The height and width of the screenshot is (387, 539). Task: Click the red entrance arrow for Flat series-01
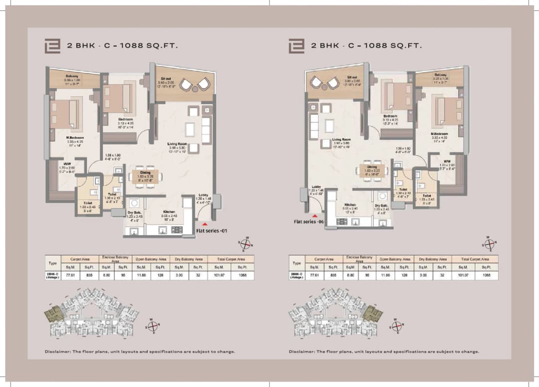pyautogui.click(x=205, y=224)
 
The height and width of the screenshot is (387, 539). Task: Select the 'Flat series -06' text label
pyautogui.click(x=310, y=221)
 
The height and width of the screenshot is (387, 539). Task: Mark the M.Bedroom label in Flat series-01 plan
pyautogui.click(x=62, y=137)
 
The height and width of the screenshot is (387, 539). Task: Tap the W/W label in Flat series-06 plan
pyautogui.click(x=447, y=161)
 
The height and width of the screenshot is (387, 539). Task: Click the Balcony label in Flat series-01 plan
pyautogui.click(x=70, y=75)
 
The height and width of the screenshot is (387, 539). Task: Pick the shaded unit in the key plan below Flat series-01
pyautogui.click(x=52, y=314)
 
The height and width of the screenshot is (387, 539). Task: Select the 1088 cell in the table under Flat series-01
pyautogui.click(x=242, y=275)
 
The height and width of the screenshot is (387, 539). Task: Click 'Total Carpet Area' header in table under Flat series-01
pyautogui.click(x=231, y=259)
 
